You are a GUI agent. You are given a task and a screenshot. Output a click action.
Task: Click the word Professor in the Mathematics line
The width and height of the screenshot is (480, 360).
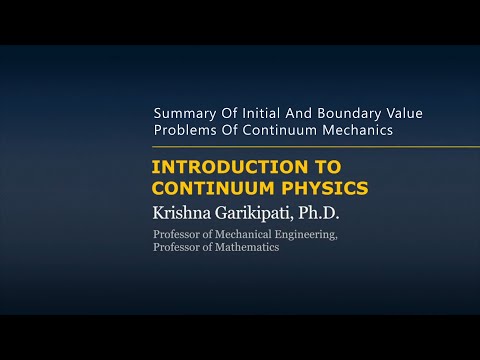point(175,247)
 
